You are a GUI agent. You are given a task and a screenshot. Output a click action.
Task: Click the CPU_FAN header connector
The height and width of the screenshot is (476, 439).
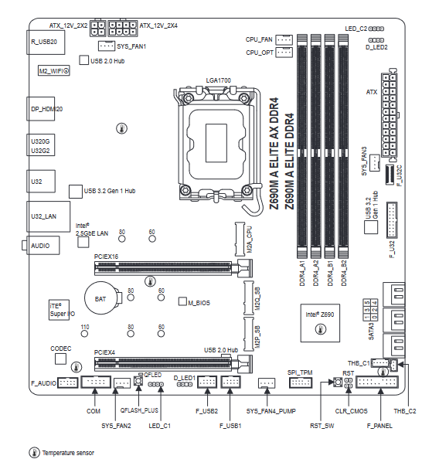point(284,39)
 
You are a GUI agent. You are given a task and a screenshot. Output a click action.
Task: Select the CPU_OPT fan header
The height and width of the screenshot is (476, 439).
point(284,52)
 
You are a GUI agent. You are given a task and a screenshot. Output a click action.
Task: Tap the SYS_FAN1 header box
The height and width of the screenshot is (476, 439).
point(107,46)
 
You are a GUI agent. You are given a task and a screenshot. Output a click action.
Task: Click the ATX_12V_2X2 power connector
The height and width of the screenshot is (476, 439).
point(97,29)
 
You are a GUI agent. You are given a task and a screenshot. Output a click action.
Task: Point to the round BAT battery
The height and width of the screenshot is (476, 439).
point(101,297)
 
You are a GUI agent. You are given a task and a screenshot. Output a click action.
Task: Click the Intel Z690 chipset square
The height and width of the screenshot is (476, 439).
point(320,323)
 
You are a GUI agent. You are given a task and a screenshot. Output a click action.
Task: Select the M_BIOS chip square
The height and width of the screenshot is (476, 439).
point(182,301)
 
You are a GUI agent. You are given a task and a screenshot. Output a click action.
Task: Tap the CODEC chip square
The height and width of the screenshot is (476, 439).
point(61,359)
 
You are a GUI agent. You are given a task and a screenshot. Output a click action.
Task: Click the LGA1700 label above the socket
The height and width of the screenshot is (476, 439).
point(218,80)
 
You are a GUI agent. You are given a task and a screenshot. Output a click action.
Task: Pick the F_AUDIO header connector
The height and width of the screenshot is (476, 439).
point(68,382)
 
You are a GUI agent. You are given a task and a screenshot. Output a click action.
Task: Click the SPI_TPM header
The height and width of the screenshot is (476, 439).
point(301,382)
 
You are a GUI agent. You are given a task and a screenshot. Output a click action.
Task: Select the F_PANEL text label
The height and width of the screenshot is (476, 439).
point(379,426)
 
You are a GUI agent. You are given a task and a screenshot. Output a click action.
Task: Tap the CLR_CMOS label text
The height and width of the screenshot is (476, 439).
point(351,411)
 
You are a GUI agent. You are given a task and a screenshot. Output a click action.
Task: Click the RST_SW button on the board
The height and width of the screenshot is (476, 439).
point(338,382)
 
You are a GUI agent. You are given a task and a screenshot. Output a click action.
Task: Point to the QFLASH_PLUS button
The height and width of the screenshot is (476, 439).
point(138,381)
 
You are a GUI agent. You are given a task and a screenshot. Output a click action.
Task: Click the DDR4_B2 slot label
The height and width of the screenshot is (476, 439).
point(344,273)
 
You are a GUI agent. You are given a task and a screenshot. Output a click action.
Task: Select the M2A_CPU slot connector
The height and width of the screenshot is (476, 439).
point(240,240)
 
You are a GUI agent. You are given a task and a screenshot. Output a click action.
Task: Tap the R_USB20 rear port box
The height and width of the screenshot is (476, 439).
point(46,42)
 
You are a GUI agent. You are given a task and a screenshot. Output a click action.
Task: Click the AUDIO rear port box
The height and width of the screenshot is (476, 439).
point(43,245)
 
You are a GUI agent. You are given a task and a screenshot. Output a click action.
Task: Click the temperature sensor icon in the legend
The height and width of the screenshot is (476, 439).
point(34,453)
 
